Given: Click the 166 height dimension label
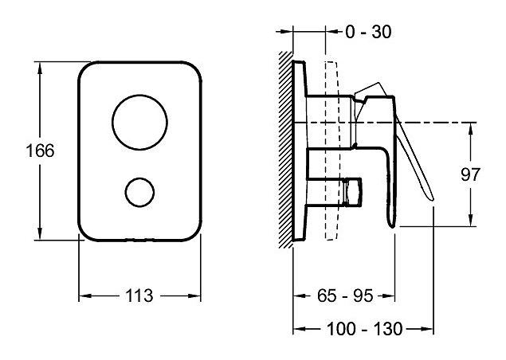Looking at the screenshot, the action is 40,151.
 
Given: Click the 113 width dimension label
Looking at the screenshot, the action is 139,295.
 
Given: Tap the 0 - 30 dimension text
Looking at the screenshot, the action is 368,32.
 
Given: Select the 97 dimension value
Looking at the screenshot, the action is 470,175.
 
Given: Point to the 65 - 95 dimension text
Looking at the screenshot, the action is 345,295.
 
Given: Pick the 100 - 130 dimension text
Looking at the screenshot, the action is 365,329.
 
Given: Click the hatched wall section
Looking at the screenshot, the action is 286,150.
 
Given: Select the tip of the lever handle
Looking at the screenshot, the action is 432,199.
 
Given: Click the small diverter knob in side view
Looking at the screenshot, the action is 353,192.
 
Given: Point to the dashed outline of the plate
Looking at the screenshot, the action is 332,151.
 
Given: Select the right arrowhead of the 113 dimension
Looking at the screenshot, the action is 194,295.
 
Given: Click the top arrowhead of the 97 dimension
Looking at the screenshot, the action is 471,129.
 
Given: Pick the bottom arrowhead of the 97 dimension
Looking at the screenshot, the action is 471,220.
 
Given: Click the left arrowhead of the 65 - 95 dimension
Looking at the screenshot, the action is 300,295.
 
